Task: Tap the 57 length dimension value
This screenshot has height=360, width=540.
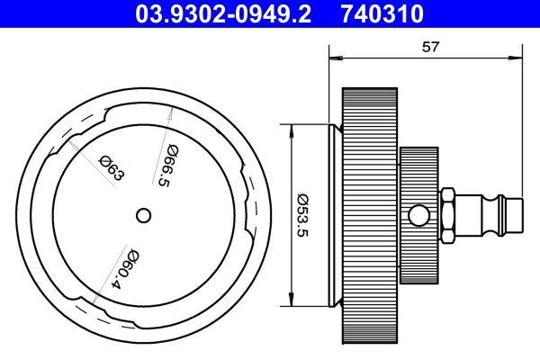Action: (429, 48)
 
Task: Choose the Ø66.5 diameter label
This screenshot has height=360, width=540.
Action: (165, 166)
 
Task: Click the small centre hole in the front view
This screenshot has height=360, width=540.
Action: (143, 214)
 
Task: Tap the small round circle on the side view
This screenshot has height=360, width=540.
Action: (418, 215)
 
